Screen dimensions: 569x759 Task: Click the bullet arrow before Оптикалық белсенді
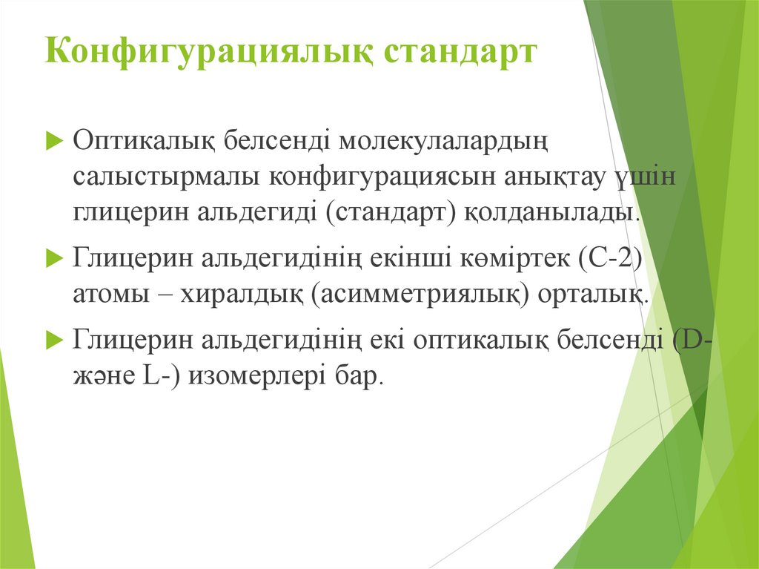[x=54, y=142]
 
